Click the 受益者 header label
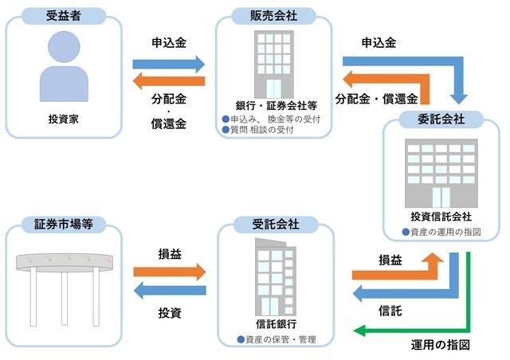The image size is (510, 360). (x=64, y=16)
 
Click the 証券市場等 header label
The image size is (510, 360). (x=64, y=225)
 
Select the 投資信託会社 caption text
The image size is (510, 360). (x=442, y=217)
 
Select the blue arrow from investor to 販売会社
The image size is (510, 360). (x=169, y=62)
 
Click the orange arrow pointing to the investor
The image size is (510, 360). (x=169, y=80)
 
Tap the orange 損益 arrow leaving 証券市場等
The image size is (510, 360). (x=169, y=271)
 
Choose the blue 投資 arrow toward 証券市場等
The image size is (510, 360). (x=169, y=292)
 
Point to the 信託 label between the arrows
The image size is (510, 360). (x=390, y=311)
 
